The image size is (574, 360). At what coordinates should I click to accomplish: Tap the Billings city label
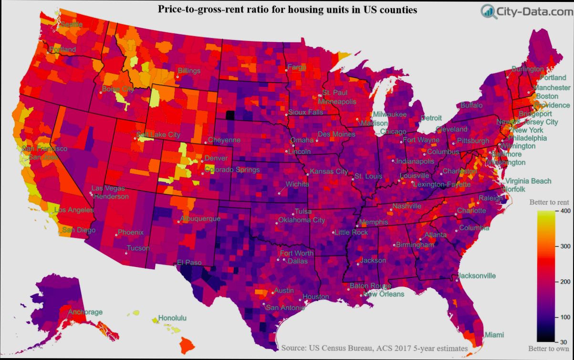coord(189,71)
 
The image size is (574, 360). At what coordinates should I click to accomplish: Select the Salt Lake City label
coord(158,135)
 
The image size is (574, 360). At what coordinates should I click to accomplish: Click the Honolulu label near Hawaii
coord(172,318)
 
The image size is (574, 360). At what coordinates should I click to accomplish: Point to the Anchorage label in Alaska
coord(85,312)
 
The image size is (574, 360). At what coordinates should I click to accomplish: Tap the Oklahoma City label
coord(302,220)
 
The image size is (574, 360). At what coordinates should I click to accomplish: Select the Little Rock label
coord(351,233)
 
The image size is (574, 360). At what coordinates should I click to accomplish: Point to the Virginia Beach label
coord(528,181)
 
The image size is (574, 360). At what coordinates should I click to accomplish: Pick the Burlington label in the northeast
coord(527,69)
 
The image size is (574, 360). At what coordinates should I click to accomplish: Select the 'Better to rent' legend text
coord(549,202)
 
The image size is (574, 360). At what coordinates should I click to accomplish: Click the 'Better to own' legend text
coord(549,349)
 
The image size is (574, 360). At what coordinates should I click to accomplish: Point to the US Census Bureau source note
coord(374,348)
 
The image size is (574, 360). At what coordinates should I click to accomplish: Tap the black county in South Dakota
coord(230,115)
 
